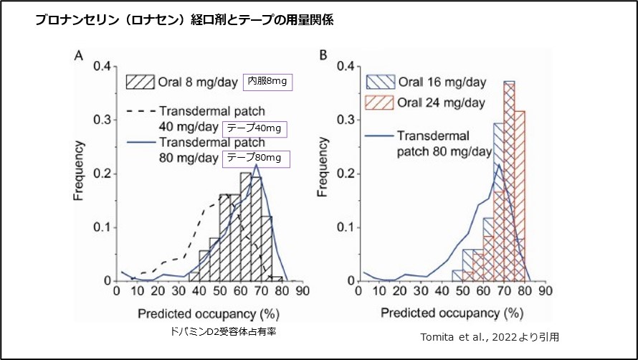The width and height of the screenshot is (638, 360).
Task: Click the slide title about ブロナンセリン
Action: [x=184, y=20]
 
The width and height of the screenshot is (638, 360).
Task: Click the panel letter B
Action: [x=323, y=55]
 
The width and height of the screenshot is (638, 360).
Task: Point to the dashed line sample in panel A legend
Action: [x=141, y=111]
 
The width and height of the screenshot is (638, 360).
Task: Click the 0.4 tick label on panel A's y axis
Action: [x=103, y=67]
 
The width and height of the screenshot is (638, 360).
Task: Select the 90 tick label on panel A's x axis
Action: [x=303, y=291]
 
